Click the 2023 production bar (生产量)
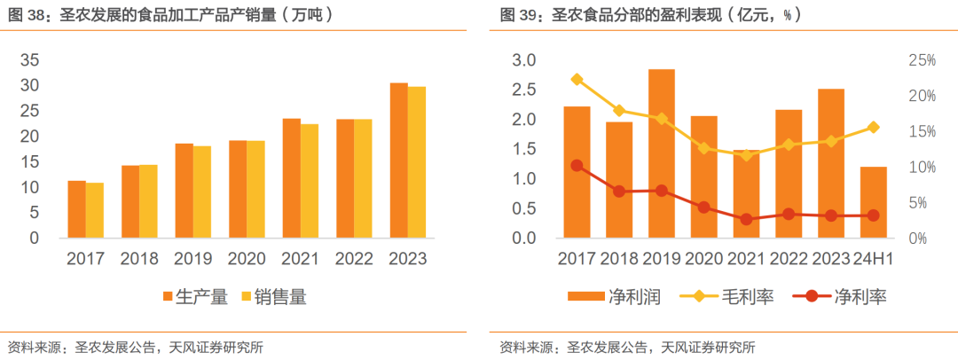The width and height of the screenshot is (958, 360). pyautogui.click(x=399, y=160)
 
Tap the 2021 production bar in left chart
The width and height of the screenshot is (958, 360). pyautogui.click(x=292, y=178)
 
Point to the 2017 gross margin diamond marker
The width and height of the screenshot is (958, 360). pyautogui.click(x=577, y=79)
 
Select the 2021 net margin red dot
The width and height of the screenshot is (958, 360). pyautogui.click(x=746, y=219)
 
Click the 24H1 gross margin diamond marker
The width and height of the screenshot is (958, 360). pyautogui.click(x=873, y=127)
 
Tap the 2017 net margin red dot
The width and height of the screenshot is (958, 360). pyautogui.click(x=577, y=165)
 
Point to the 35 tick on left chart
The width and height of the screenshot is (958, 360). pyautogui.click(x=30, y=60)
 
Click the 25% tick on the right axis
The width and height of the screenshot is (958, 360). pyautogui.click(x=923, y=60)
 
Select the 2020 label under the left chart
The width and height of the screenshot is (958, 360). pyautogui.click(x=247, y=260)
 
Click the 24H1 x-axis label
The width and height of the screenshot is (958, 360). pyautogui.click(x=873, y=260)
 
